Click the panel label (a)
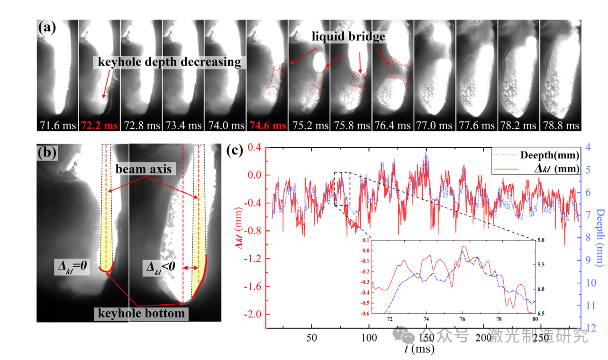pos(47,27)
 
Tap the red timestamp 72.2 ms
pos(99,126)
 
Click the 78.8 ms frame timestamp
pos(561,126)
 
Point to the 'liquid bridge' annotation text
pos(348,36)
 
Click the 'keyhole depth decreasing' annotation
pos(170,62)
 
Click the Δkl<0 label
pos(159,266)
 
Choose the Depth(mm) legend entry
pos(549,155)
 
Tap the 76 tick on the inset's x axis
pos(463,320)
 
